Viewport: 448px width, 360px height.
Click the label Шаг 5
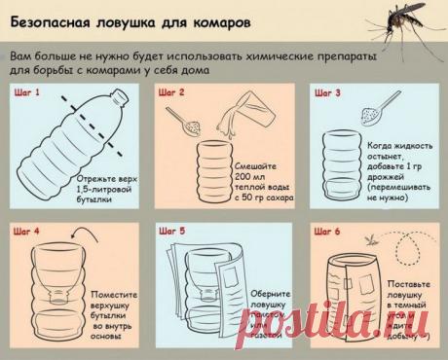(x=175, y=234)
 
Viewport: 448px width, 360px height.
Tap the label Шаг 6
(x=325, y=234)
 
